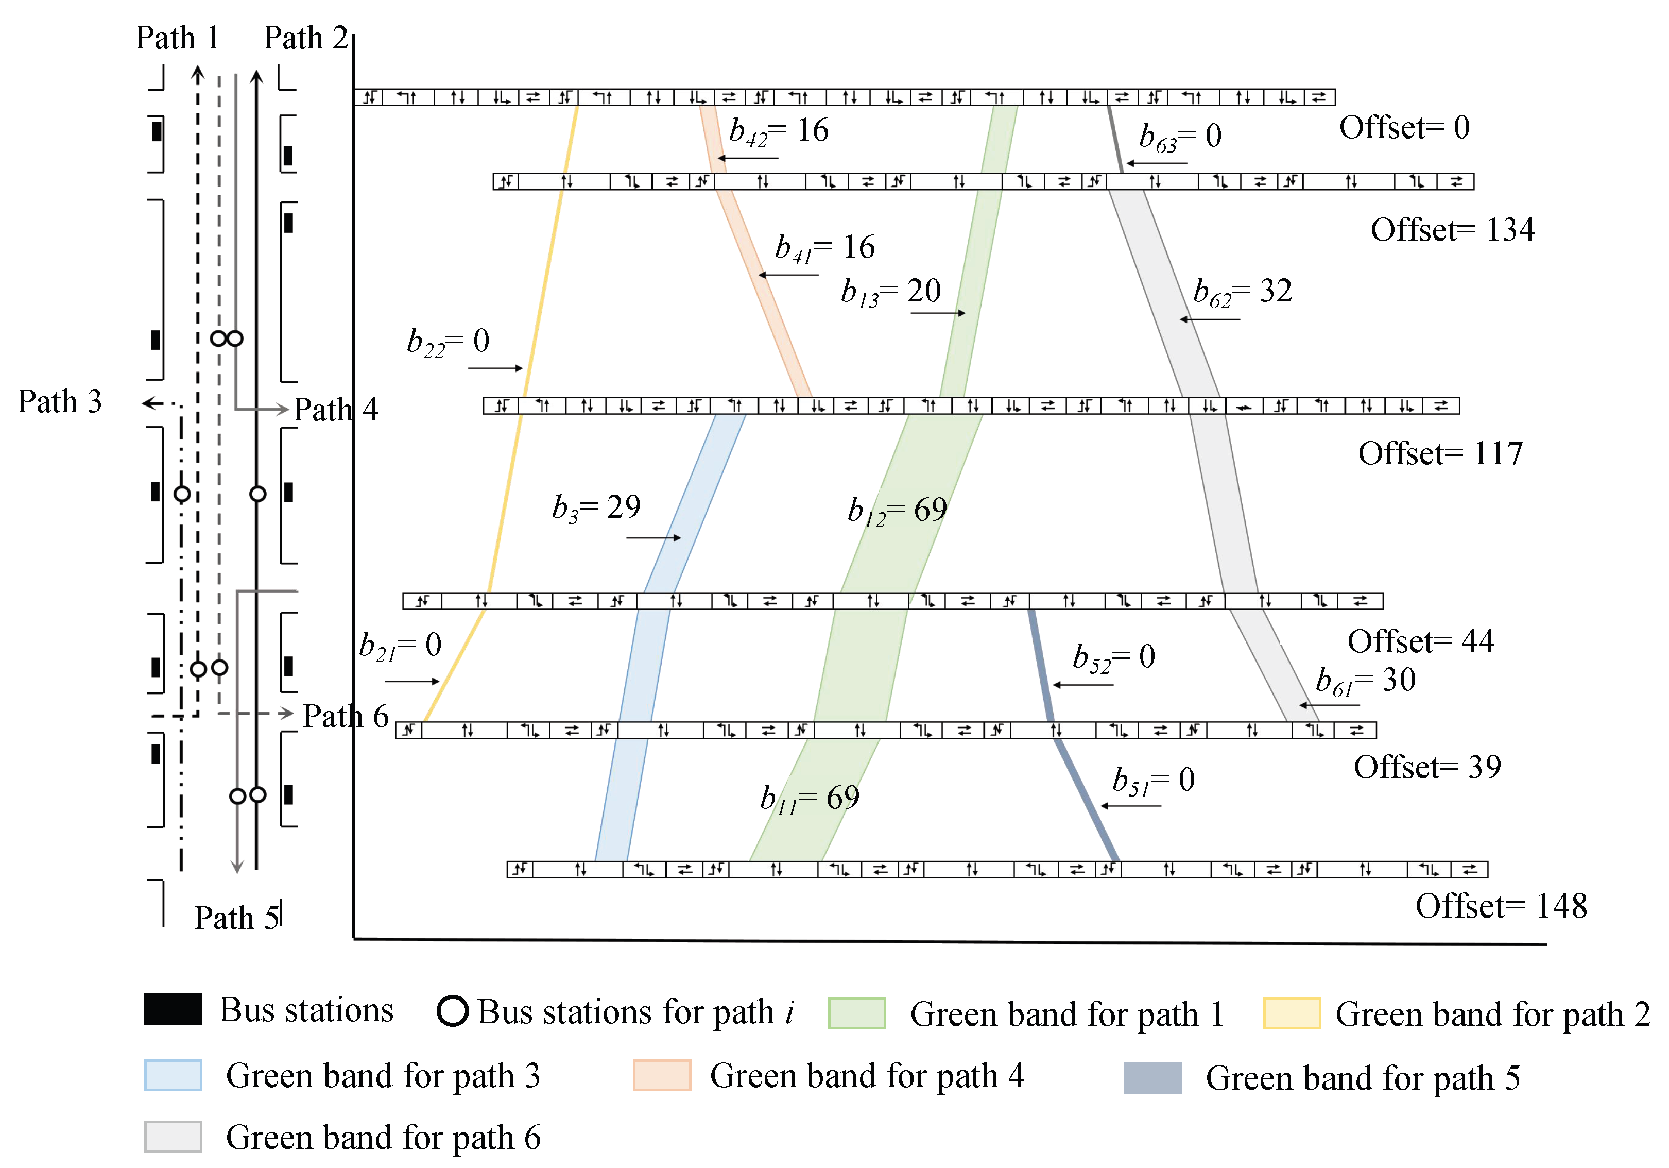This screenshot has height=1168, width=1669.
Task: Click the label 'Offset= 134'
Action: click(1452, 230)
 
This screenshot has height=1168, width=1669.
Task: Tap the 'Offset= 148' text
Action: click(1501, 906)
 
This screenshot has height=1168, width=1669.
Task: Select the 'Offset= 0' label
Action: click(1404, 128)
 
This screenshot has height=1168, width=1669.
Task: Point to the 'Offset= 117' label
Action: click(1440, 454)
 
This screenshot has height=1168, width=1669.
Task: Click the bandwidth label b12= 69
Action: click(897, 511)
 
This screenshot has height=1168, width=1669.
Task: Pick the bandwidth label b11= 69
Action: click(809, 799)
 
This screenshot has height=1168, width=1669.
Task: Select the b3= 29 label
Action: click(596, 507)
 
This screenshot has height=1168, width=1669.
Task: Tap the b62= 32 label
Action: click(1242, 292)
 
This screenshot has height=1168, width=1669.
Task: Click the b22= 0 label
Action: click(448, 341)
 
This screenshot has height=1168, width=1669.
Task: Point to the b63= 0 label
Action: click(1180, 137)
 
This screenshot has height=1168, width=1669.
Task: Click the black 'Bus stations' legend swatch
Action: click(173, 1009)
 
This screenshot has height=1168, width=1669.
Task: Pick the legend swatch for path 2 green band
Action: click(1291, 1013)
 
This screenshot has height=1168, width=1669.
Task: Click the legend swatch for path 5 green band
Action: click(1152, 1077)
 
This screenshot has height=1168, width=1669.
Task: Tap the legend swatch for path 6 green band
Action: click(173, 1136)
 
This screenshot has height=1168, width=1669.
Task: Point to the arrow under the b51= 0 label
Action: click(1130, 806)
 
